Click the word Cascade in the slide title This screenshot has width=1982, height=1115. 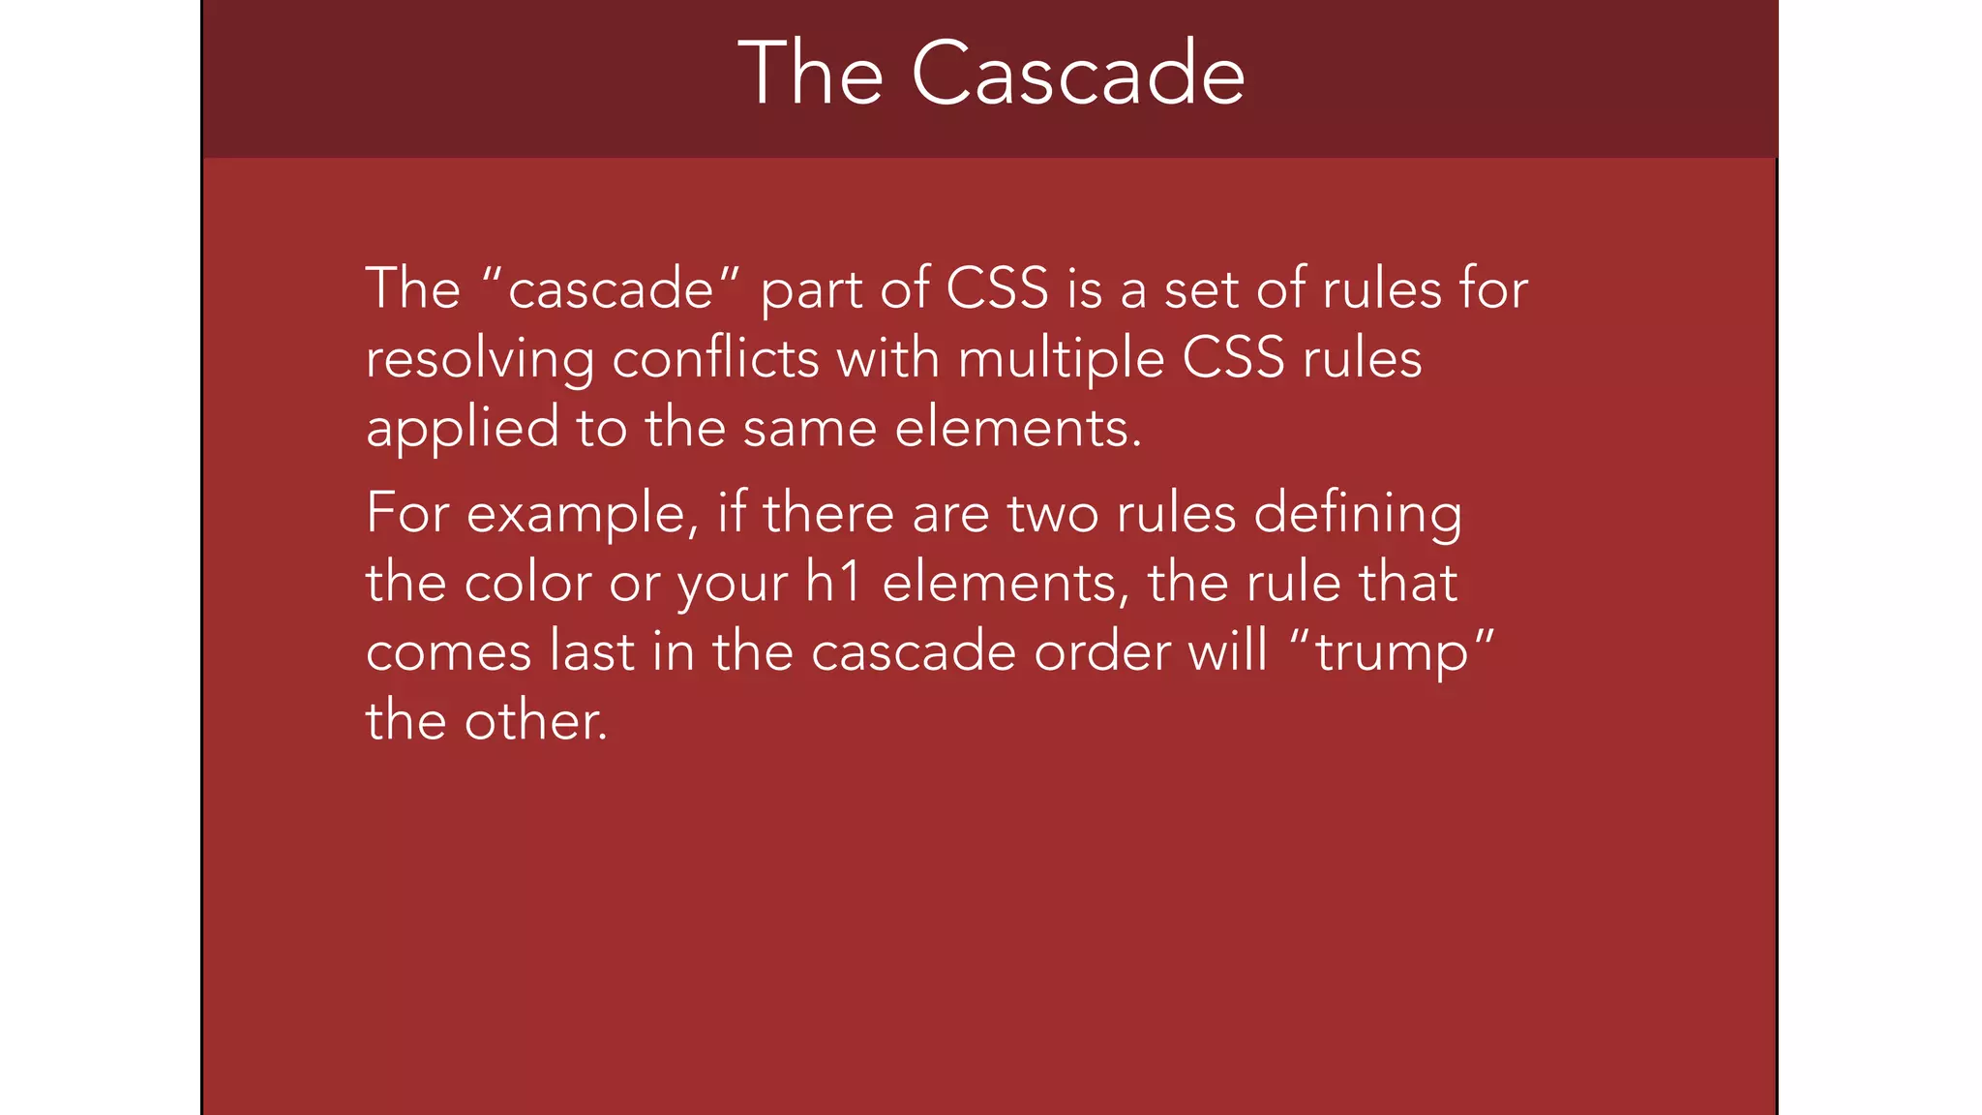tap(1078, 75)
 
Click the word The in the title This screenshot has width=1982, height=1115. tap(811, 75)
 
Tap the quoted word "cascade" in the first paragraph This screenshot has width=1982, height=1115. tap(611, 289)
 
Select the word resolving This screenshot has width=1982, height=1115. tap(479, 360)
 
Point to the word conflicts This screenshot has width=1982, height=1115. tap(716, 359)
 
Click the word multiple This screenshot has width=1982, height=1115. tap(1061, 360)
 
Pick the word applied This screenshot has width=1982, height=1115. tap(462, 429)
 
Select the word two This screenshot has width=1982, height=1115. tap(1052, 514)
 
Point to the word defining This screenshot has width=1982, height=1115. tap(1358, 514)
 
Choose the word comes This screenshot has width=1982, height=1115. tap(448, 652)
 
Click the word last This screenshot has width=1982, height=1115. tap(592, 651)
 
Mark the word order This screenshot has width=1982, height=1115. tap(1101, 651)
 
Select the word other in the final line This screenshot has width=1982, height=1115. tap(535, 722)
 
